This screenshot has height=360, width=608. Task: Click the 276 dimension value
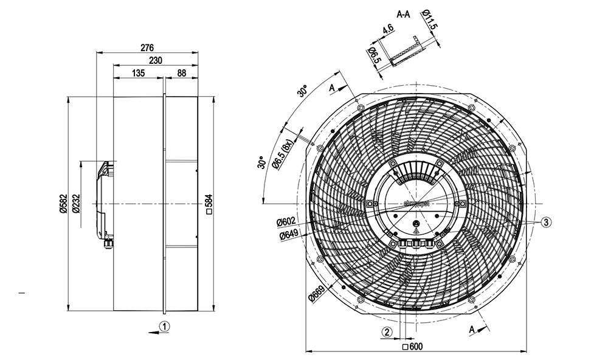[147, 47]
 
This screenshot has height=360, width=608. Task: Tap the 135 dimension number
[138, 73]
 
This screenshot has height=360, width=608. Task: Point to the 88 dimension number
[181, 73]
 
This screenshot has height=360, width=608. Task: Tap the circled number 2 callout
[387, 331]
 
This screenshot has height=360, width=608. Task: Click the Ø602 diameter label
[286, 223]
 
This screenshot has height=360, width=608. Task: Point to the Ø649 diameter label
[288, 235]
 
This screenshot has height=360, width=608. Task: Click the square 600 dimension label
[413, 347]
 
